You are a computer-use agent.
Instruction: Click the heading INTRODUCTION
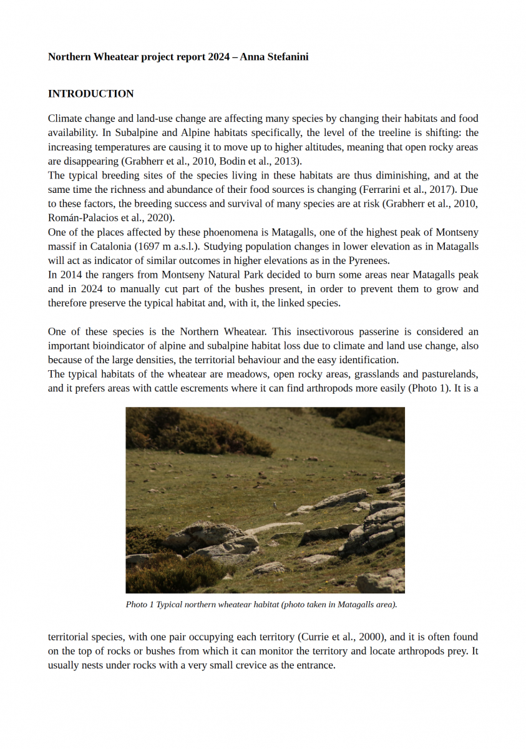coord(90,94)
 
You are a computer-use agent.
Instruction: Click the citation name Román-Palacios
coord(82,218)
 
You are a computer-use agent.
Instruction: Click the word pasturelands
coord(448,374)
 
